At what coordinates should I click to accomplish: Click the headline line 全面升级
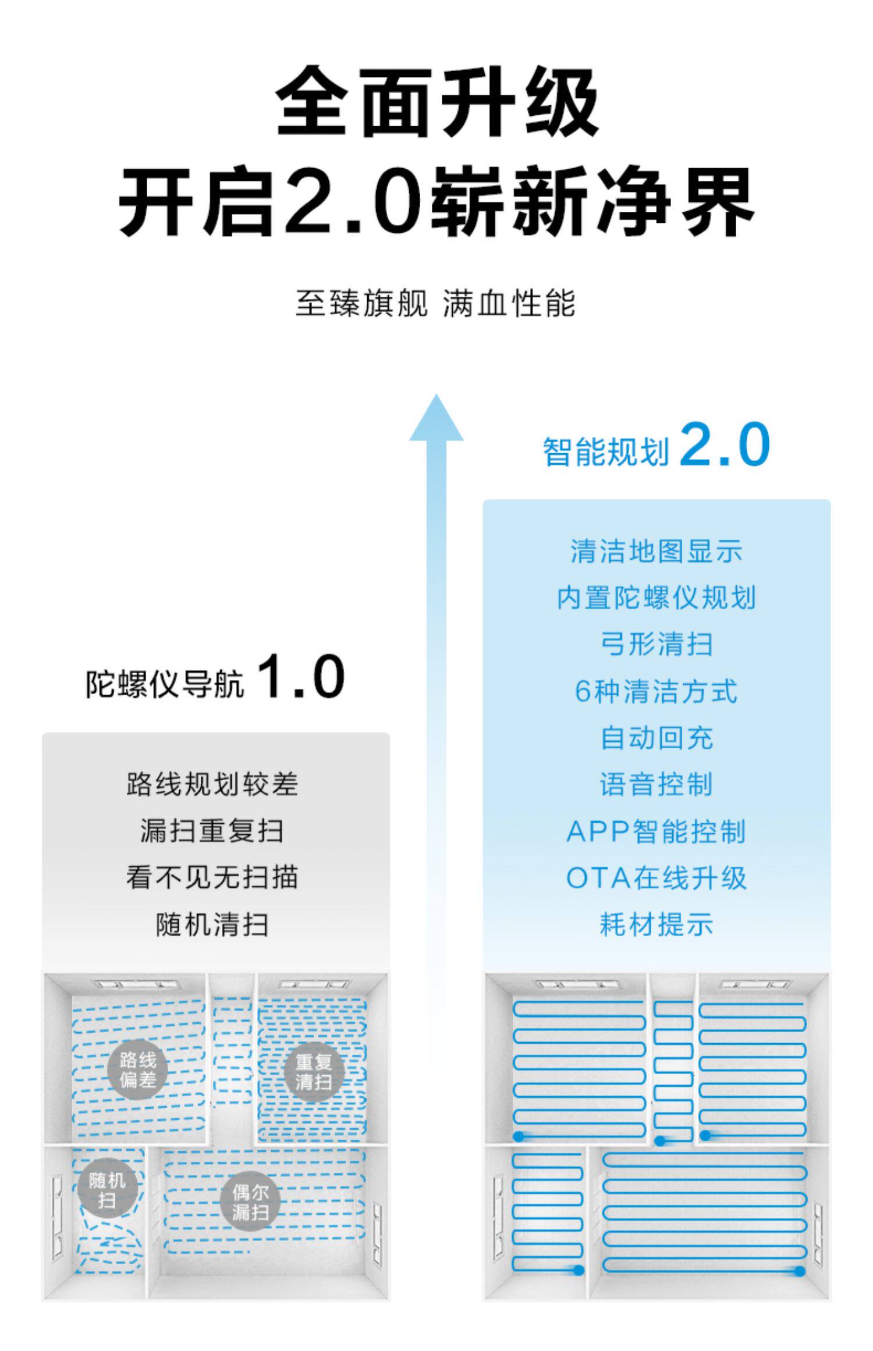point(436,102)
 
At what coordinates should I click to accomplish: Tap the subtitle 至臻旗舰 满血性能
point(435,304)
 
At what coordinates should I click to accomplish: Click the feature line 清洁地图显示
point(656,551)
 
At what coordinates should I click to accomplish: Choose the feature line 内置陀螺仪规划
point(656,598)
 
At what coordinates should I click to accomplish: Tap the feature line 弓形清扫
point(656,644)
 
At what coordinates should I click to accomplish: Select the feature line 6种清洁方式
point(656,691)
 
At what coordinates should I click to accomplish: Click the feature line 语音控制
point(656,784)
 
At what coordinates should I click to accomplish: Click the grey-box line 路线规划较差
point(212,784)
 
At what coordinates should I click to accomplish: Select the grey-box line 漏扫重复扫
point(212,831)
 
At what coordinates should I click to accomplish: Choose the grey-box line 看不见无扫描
point(212,877)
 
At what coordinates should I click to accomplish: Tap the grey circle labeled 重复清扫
point(314,1072)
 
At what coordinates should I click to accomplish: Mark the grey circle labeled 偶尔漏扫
point(251,1203)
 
